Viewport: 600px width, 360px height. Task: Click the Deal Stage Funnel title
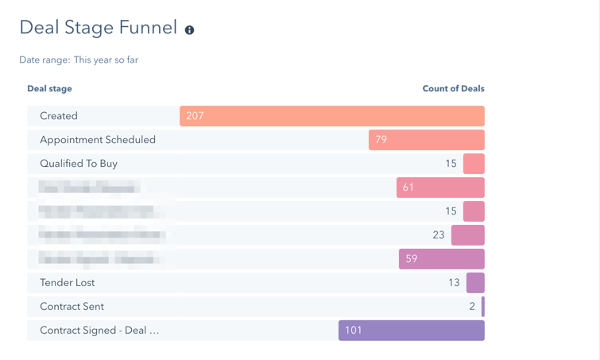(x=98, y=28)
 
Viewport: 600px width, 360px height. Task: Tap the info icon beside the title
(x=189, y=30)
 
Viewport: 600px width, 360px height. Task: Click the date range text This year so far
(x=106, y=60)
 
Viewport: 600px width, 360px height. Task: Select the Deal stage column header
(x=49, y=88)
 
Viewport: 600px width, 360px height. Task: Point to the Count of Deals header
(x=453, y=88)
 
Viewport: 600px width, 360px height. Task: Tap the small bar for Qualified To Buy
(x=474, y=164)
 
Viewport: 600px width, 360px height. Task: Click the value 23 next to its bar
(x=439, y=235)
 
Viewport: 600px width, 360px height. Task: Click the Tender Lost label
(x=68, y=283)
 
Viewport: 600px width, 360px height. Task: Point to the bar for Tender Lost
(x=475, y=283)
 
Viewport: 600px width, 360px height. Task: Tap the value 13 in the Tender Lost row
(x=454, y=283)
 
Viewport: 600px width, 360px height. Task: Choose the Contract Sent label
(x=72, y=307)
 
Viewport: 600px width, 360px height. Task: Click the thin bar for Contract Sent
(x=482, y=307)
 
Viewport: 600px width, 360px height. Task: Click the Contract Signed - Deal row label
(x=99, y=331)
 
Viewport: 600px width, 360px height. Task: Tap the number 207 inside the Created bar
(x=195, y=116)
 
